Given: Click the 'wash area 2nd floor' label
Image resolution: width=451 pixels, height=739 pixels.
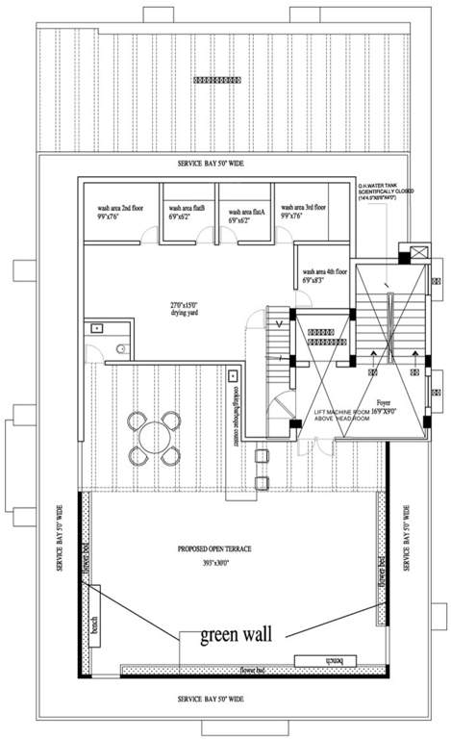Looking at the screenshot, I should tap(118, 211).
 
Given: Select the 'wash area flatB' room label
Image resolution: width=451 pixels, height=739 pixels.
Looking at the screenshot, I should tap(188, 212).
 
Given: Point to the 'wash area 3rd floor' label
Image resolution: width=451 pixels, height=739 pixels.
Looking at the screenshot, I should tap(302, 211).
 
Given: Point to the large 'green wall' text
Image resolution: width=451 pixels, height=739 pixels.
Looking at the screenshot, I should tap(236, 635).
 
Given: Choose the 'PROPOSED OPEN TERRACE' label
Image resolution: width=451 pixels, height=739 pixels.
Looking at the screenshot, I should tap(214, 548).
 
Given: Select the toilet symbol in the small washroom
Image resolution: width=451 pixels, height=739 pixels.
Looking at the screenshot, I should tap(118, 347).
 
